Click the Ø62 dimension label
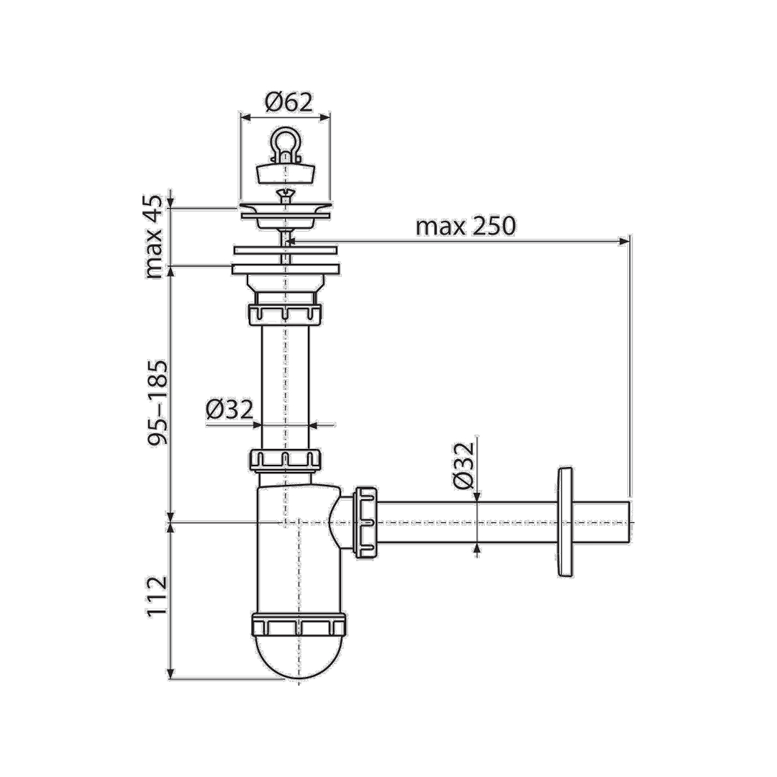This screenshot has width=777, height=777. tap(289, 103)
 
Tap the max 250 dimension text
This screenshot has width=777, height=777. tap(465, 226)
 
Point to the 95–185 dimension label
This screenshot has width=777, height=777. tap(158, 404)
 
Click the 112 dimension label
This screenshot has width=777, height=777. tap(158, 596)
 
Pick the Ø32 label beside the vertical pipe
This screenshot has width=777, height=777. tap(230, 409)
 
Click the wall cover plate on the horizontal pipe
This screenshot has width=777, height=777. tap(565, 522)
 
